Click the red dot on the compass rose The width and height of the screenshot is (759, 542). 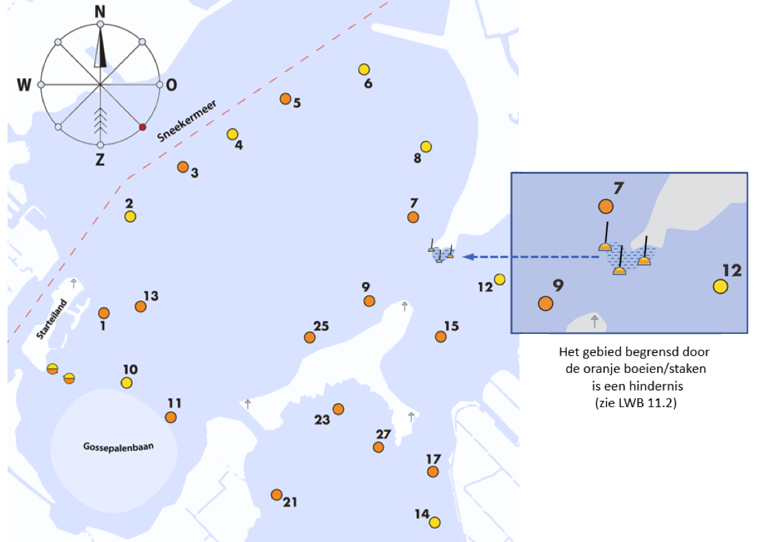pyautogui.click(x=142, y=127)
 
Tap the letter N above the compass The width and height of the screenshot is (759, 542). pyautogui.click(x=100, y=12)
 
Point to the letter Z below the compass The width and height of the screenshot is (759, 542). pyautogui.click(x=100, y=159)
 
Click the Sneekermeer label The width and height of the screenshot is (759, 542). pyautogui.click(x=186, y=121)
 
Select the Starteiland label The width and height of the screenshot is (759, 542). pyautogui.click(x=51, y=319)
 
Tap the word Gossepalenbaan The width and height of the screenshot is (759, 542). pyautogui.click(x=118, y=447)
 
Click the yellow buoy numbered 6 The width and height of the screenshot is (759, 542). pyautogui.click(x=364, y=69)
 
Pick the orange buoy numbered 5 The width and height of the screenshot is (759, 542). pyautogui.click(x=285, y=99)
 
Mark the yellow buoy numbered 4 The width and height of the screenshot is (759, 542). pyautogui.click(x=232, y=134)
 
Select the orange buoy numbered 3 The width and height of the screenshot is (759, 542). pyautogui.click(x=183, y=167)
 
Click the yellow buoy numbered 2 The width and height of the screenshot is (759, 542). pyautogui.click(x=130, y=216)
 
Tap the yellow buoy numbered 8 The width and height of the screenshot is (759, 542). pyautogui.click(x=426, y=146)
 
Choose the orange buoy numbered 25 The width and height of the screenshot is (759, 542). pyautogui.click(x=310, y=337)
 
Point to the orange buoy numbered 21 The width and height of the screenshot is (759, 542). pyautogui.click(x=276, y=495)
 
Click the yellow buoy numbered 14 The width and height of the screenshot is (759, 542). pyautogui.click(x=435, y=522)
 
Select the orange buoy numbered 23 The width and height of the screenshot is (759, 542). pyautogui.click(x=338, y=409)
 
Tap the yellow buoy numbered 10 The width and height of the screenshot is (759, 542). pyautogui.click(x=127, y=383)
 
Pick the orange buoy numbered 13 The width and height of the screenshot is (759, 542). pyautogui.click(x=140, y=307)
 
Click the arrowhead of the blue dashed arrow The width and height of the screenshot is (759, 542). pyautogui.click(x=468, y=257)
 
